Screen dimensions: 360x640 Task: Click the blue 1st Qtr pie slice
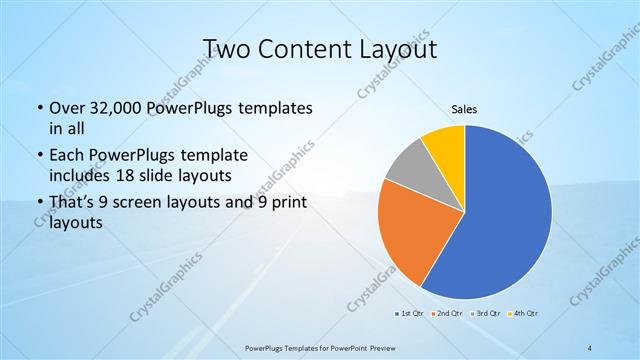(510, 220)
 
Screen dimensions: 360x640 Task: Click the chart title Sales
(465, 108)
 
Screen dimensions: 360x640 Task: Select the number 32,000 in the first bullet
(108, 108)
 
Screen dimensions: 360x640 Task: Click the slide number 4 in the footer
(590, 346)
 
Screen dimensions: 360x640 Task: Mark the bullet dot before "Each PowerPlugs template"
(39, 157)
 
